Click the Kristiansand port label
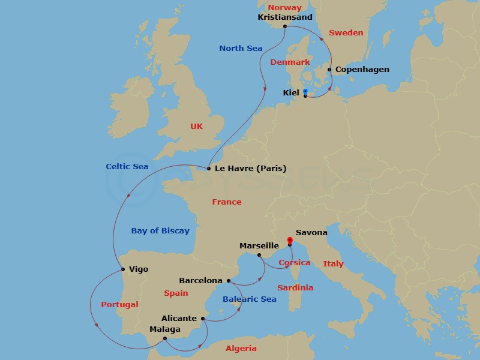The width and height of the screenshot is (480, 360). pos(285,17)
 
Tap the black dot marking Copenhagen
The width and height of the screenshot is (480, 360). pos(329,70)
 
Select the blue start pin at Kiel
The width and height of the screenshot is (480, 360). pos(305,92)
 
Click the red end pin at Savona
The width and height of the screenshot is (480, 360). pos(289,241)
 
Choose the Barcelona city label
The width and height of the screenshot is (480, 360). pos(200,280)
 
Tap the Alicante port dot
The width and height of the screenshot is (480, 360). pos(203,319)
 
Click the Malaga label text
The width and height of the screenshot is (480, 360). pos(165,329)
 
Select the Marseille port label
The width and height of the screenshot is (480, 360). pos(259,245)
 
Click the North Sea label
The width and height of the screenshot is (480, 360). pos(241,48)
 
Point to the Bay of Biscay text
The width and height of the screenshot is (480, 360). pos(160,230)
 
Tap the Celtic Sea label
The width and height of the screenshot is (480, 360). pos(127,166)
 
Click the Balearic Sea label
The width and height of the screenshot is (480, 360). pos(249,299)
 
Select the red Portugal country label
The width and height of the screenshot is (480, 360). pos(119,304)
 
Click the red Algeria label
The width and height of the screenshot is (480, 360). pos(241,348)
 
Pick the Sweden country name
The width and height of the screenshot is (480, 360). pos(346,32)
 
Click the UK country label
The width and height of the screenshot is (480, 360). pos(197,126)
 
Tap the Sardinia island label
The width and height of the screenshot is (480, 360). pos(295,287)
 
